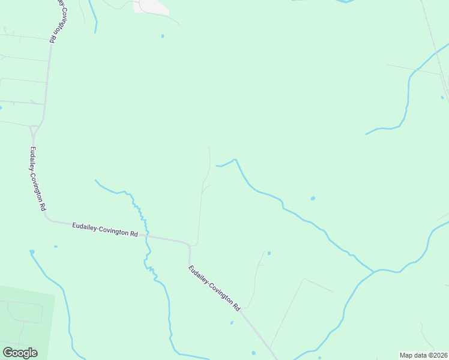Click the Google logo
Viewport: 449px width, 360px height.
pyautogui.click(x=20, y=353)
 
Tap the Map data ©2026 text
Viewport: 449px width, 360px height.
pyautogui.click(x=423, y=355)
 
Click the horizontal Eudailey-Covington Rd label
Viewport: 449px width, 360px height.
pyautogui.click(x=105, y=229)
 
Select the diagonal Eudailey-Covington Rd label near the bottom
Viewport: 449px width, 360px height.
pyautogui.click(x=214, y=287)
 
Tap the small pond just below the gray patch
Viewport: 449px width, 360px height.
pyautogui.click(x=163, y=36)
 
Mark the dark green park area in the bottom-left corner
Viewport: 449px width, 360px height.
pyautogui.click(x=24, y=318)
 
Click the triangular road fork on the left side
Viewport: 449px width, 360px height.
pyautogui.click(x=35, y=128)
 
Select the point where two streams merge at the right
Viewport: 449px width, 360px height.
pyautogui.click(x=375, y=271)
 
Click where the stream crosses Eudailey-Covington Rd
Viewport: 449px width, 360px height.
pyautogui.click(x=146, y=236)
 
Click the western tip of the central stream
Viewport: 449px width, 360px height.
pyautogui.click(x=217, y=166)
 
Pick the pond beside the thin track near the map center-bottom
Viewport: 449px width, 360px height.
pyautogui.click(x=269, y=253)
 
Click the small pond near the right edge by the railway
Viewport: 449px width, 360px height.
pyautogui.click(x=442, y=97)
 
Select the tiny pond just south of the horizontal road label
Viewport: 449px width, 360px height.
pyautogui.click(x=56, y=246)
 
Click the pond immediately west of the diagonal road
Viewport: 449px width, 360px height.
pyautogui.click(x=232, y=323)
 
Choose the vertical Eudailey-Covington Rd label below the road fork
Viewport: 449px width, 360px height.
pyautogui.click(x=38, y=178)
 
